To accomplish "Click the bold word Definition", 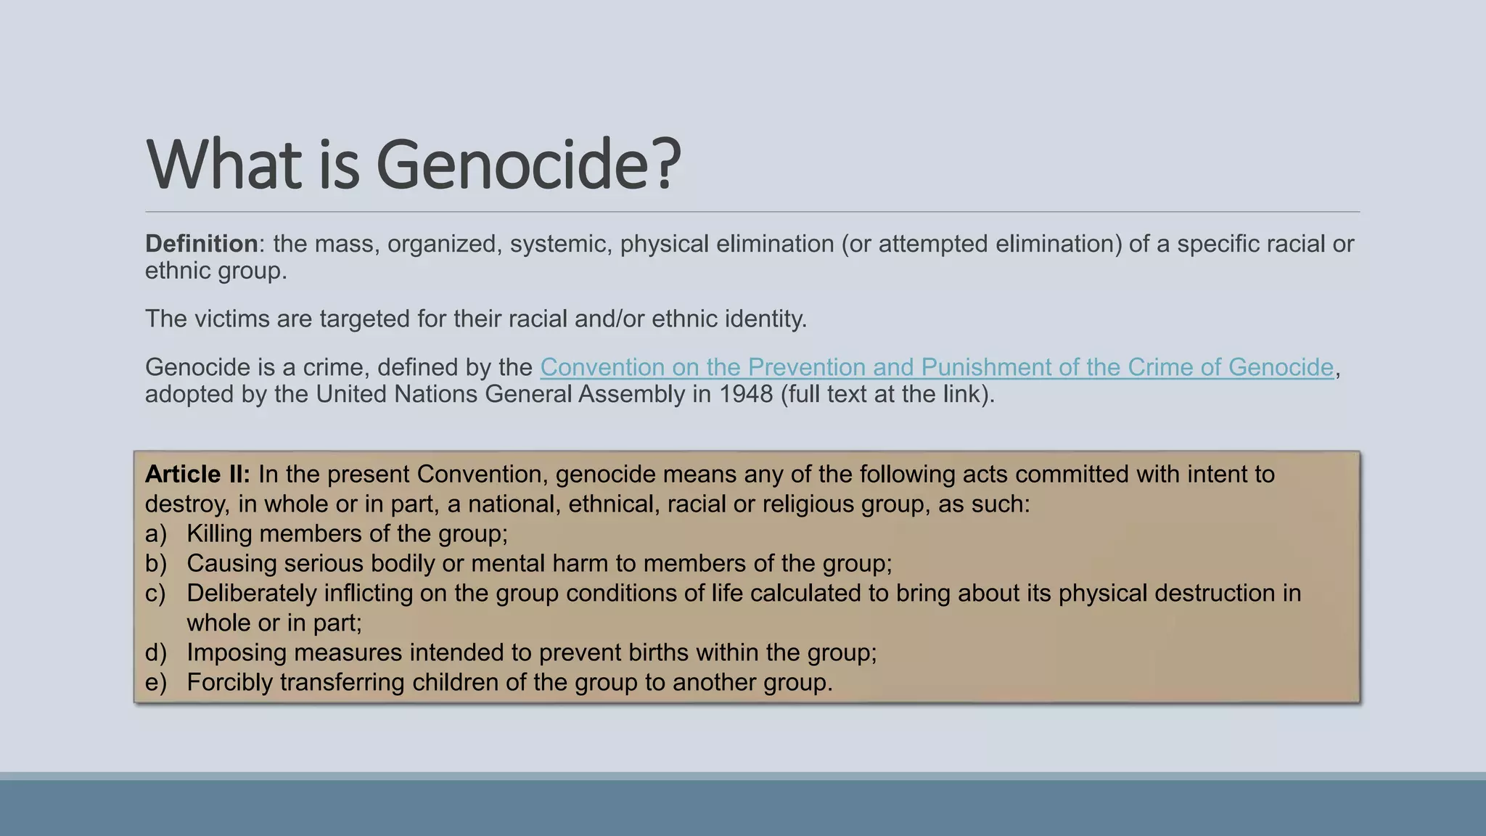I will pos(201,244).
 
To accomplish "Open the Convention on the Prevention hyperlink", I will pos(936,367).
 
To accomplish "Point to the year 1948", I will pos(746,394).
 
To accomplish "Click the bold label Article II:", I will pos(197,475).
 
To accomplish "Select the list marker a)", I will pos(156,534).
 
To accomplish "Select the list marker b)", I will pos(156,564).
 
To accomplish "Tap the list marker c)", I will pos(156,594).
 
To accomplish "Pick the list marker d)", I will pos(156,653).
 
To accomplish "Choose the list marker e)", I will pos(156,683).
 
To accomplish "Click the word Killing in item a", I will pos(219,534).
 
